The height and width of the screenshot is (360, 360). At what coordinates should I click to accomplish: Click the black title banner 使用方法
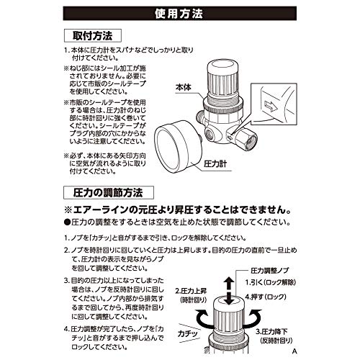pyautogui.click(x=180, y=14)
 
